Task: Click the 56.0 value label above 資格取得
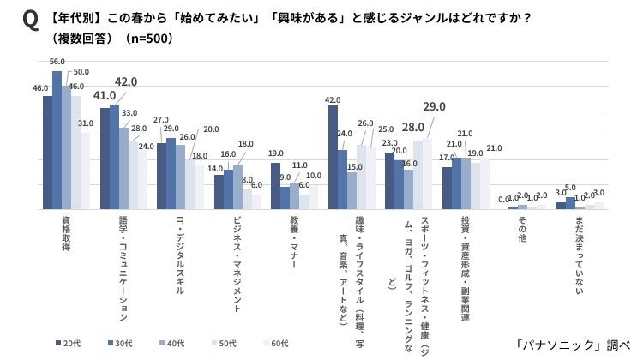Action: point(57,62)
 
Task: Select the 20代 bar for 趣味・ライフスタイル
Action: point(333,158)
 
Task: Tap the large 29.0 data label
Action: point(434,107)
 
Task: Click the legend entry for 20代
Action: point(68,343)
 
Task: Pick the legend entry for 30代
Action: point(119,343)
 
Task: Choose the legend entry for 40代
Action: point(171,343)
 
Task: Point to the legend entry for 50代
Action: point(223,343)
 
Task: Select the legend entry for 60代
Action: point(275,343)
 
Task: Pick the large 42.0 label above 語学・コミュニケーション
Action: point(126,81)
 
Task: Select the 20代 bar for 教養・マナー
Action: point(276,186)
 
